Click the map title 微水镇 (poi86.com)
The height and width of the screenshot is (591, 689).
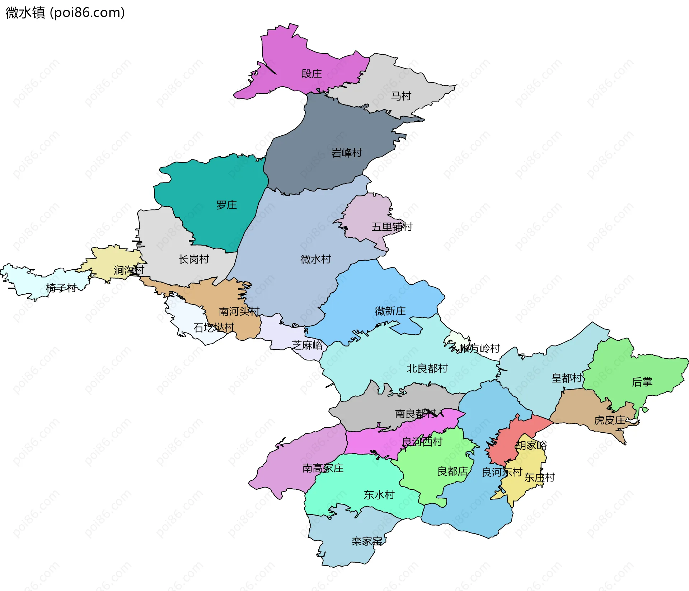point(65,13)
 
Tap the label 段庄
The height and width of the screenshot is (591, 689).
point(311,74)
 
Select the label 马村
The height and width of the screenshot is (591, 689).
point(400,96)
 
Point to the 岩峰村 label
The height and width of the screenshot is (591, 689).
point(346,153)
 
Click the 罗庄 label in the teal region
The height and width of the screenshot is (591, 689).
point(226,205)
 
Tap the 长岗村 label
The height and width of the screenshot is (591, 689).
point(194,259)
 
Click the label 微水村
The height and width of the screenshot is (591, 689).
point(315,259)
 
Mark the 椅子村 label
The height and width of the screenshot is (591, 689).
point(61,288)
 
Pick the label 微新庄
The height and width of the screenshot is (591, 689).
point(390,311)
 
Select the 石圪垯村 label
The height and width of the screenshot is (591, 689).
point(214,327)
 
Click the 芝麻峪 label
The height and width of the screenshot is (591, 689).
point(307,345)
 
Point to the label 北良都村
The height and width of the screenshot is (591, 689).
point(427,368)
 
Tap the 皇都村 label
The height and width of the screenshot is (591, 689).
point(566,378)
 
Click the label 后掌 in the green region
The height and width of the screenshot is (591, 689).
point(642,382)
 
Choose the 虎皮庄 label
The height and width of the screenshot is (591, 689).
point(609,420)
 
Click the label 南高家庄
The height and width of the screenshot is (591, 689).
point(323,468)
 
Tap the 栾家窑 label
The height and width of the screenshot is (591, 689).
point(367,541)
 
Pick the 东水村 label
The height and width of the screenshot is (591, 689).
point(379,495)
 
